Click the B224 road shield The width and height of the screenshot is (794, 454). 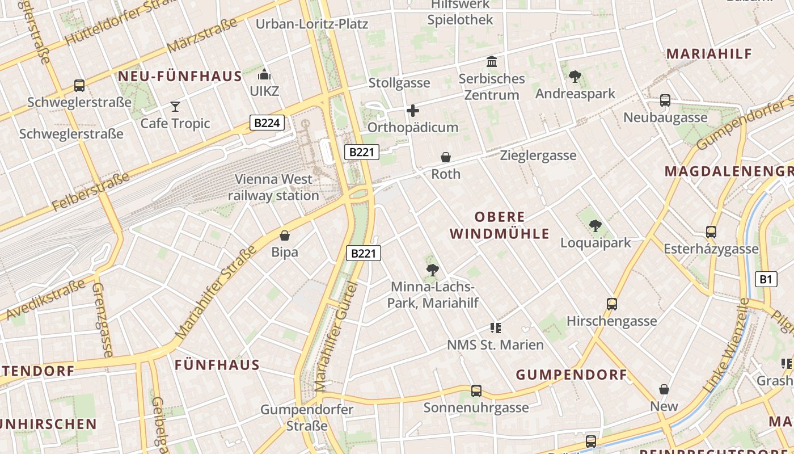coord(267,123)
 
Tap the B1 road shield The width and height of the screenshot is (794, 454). coord(766,279)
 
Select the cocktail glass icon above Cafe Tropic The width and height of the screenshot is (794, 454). coord(175,106)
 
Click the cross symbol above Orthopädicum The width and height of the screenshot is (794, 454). coord(413,111)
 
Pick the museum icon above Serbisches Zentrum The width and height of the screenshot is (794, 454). coord(492,61)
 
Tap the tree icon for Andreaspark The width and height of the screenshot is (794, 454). coord(575,76)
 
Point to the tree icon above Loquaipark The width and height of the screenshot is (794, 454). coord(595,226)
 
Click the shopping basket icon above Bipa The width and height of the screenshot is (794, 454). coord(285,235)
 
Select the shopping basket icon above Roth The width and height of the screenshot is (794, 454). coord(446,157)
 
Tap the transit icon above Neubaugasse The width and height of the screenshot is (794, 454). coord(665,100)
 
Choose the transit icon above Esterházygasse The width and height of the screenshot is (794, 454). coord(711,232)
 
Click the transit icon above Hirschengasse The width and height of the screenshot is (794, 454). coord(612,304)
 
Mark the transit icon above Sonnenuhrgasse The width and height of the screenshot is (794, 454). coord(476,391)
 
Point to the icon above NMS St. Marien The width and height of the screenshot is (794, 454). coord(496,328)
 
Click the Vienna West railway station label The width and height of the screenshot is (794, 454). coord(274,187)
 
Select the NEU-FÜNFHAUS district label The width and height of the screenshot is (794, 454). coord(180,76)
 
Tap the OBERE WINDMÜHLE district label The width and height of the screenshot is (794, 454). coord(500,225)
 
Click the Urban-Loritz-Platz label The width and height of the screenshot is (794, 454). coord(312,24)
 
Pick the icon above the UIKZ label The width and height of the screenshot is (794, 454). coord(264,74)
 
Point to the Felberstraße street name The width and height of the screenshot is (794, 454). coord(91,193)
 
